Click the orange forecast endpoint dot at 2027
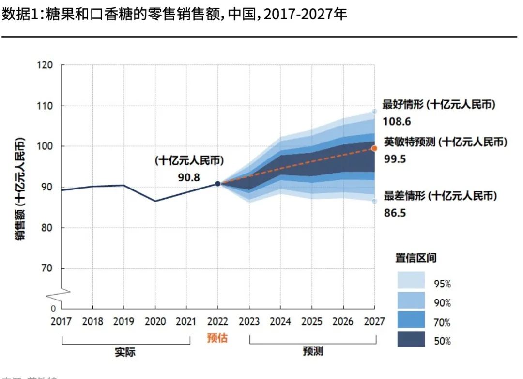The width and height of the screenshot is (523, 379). (374, 148)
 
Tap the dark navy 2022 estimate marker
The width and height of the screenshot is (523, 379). (218, 184)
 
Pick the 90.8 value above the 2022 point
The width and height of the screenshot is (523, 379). (189, 177)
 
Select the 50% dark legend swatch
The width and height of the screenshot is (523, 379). (411, 339)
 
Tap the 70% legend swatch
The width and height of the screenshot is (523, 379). (411, 320)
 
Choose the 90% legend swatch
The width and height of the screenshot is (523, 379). (411, 300)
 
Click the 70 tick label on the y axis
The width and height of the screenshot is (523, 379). (48, 268)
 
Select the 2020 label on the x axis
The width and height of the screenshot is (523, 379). (155, 321)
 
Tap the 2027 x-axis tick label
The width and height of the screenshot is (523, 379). (374, 321)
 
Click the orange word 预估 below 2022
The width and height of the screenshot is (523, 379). (217, 338)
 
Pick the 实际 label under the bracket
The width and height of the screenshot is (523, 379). (125, 352)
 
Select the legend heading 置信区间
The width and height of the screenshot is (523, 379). (415, 258)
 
